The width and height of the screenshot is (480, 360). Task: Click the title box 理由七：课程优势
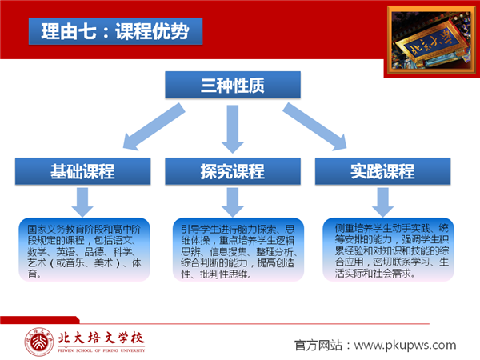point(115,31)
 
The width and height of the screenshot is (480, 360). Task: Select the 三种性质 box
point(233,85)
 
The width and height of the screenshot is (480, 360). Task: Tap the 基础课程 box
point(82,171)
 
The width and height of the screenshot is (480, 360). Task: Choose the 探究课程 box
point(233,171)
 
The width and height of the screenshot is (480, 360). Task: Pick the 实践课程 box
point(382,171)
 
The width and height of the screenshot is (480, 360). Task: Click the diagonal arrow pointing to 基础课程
point(154,126)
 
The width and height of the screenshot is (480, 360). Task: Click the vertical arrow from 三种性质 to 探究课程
point(233,129)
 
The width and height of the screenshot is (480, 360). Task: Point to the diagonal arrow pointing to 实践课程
point(314,126)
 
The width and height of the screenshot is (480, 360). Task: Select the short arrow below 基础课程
point(82,202)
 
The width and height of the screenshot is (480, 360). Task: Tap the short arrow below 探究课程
point(233,202)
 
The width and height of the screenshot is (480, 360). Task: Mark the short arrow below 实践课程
point(382,202)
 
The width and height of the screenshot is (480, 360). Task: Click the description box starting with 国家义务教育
point(84,250)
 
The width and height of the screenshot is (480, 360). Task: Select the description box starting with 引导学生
point(238,250)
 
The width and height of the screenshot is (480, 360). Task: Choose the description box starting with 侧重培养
point(389,250)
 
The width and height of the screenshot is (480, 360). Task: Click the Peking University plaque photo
point(431,40)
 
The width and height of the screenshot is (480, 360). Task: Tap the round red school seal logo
point(39,342)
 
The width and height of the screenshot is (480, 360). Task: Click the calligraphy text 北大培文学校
point(101,338)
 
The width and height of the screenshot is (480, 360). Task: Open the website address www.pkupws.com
point(405,345)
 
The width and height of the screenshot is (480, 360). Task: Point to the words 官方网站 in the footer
point(318,345)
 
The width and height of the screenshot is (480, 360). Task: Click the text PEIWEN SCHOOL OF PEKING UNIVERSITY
point(101,350)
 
